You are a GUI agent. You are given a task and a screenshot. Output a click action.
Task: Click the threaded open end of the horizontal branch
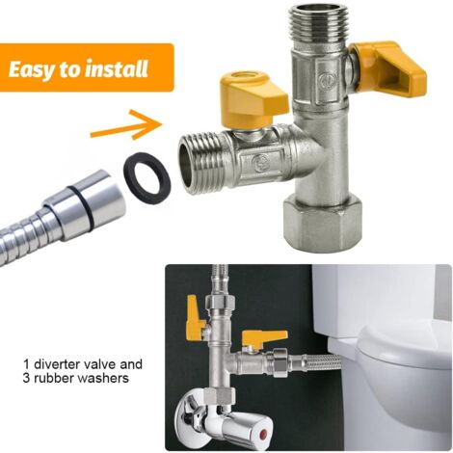202,165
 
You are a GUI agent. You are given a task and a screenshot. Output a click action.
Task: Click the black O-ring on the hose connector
80,208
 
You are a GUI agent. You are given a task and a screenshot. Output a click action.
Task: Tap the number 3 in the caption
26,379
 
